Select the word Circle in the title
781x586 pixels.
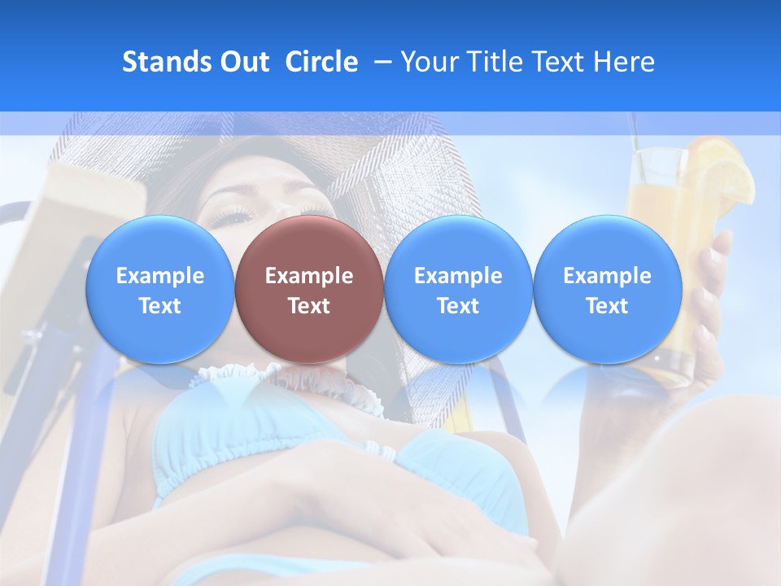tap(321, 62)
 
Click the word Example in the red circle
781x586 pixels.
tap(309, 276)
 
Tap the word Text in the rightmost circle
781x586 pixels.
tap(607, 306)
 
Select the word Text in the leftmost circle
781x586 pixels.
tap(159, 306)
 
